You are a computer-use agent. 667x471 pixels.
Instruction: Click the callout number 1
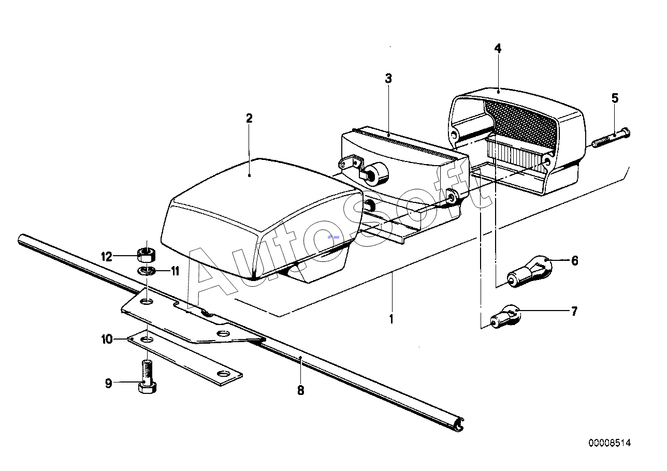pyautogui.click(x=392, y=319)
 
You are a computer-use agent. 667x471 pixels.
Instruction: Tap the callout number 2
pyautogui.click(x=249, y=119)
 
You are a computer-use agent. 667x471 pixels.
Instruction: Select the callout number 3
pyautogui.click(x=388, y=79)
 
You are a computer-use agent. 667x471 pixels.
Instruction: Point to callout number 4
pyautogui.click(x=498, y=49)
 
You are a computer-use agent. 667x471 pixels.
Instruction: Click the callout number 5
pyautogui.click(x=615, y=98)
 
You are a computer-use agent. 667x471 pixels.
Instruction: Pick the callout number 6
pyautogui.click(x=574, y=261)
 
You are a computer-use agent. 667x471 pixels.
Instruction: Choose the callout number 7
pyautogui.click(x=574, y=311)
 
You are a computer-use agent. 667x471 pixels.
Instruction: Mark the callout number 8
pyautogui.click(x=301, y=390)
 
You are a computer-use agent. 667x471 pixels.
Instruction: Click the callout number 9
pyautogui.click(x=108, y=384)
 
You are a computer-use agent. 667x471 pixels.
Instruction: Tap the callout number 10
pyautogui.click(x=107, y=339)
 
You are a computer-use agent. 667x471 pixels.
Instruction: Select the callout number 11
pyautogui.click(x=175, y=271)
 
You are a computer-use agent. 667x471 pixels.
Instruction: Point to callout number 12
pyautogui.click(x=107, y=257)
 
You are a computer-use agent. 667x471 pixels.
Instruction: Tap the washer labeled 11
pyautogui.click(x=146, y=271)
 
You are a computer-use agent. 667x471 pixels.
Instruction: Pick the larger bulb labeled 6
pyautogui.click(x=529, y=271)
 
